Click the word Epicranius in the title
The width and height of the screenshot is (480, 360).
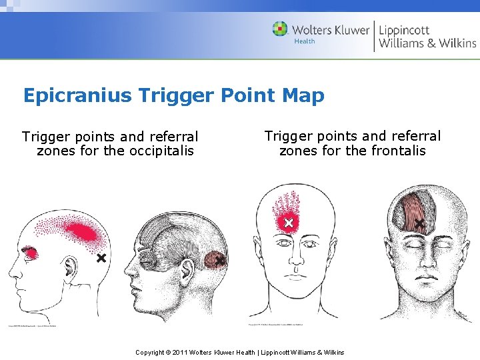click(77, 95)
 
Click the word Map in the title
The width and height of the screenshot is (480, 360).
click(303, 95)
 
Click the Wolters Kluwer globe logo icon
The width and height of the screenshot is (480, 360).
click(281, 29)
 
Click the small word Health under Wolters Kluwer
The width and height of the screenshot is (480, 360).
click(305, 42)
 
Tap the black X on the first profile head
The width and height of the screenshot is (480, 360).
click(101, 257)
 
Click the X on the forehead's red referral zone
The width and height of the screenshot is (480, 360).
click(288, 223)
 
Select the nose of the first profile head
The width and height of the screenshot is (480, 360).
click(11, 273)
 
